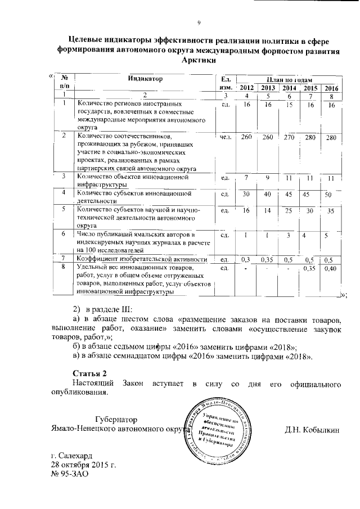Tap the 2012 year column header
click(x=246, y=88)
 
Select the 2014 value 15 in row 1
click(x=289, y=105)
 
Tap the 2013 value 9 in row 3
click(x=268, y=178)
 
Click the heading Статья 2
click(x=90, y=373)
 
